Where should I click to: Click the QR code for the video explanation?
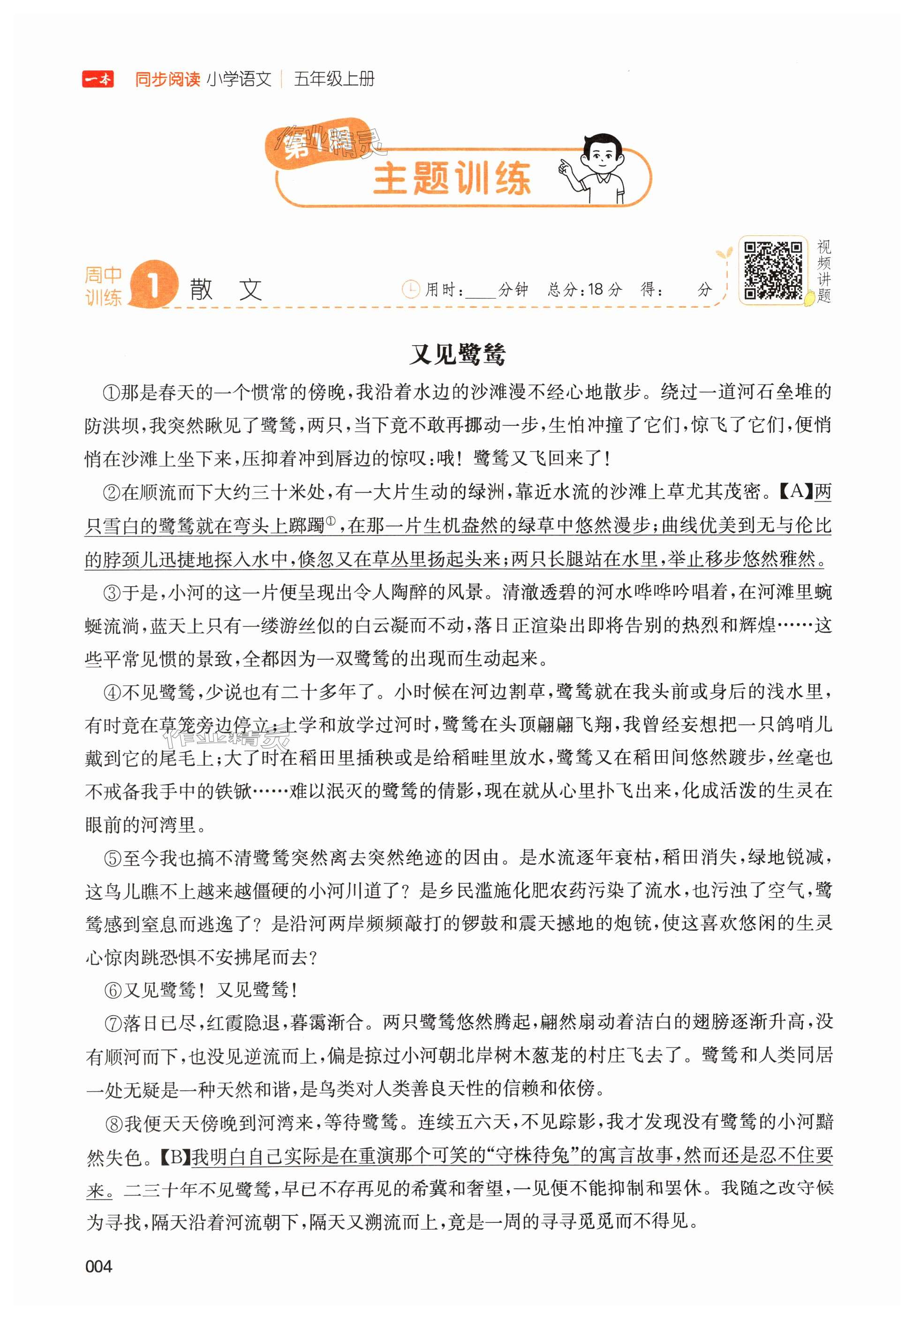[x=773, y=270]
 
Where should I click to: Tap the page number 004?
[x=98, y=1266]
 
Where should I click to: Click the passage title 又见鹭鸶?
[x=457, y=354]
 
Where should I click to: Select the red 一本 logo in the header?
[x=98, y=79]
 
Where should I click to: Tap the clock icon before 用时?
[x=411, y=289]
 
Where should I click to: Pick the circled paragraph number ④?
[x=112, y=693]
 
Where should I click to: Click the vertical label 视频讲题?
[x=824, y=271]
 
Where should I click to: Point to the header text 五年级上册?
[x=334, y=79]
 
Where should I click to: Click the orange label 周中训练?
[x=104, y=286]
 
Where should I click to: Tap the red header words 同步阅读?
[x=167, y=79]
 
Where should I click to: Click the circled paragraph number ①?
[x=112, y=393]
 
